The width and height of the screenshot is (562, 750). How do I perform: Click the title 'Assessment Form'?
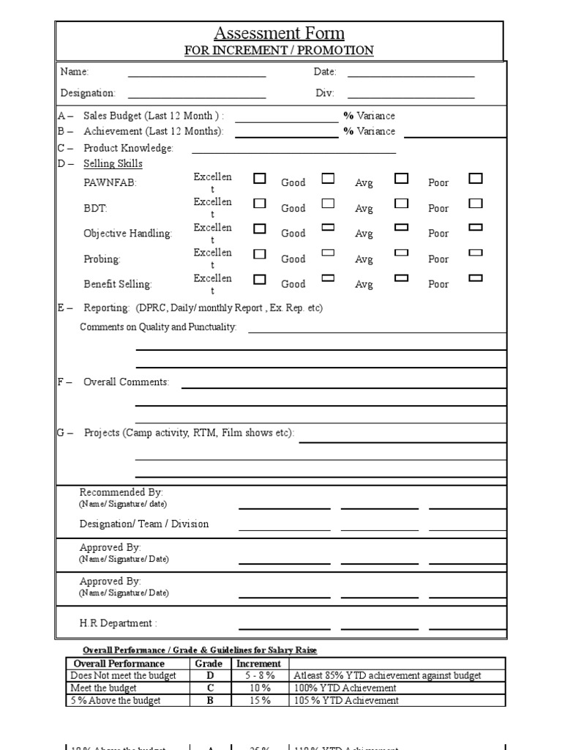pyautogui.click(x=279, y=33)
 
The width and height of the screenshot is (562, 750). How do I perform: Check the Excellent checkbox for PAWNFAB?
pyautogui.click(x=260, y=178)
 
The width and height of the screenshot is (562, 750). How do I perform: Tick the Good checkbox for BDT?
pyautogui.click(x=328, y=204)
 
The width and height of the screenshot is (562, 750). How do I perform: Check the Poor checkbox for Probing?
pyautogui.click(x=476, y=253)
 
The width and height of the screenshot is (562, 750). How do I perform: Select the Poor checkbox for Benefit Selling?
pyautogui.click(x=476, y=278)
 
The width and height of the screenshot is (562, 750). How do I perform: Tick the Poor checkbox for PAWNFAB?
pyautogui.click(x=476, y=178)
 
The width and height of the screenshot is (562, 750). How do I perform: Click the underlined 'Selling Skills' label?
pyautogui.click(x=113, y=163)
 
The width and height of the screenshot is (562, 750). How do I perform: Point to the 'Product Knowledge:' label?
pyautogui.click(x=128, y=148)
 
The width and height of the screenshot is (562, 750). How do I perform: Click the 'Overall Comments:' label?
pyautogui.click(x=126, y=382)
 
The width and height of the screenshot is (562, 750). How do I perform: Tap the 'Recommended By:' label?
pyautogui.click(x=121, y=492)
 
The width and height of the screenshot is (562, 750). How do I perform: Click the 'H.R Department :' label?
pyautogui.click(x=118, y=623)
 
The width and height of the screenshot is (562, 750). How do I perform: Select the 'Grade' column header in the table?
pyautogui.click(x=209, y=664)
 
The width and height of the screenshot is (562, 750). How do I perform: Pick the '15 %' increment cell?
pyautogui.click(x=258, y=700)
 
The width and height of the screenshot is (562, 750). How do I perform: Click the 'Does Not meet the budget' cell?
pyautogui.click(x=123, y=675)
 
